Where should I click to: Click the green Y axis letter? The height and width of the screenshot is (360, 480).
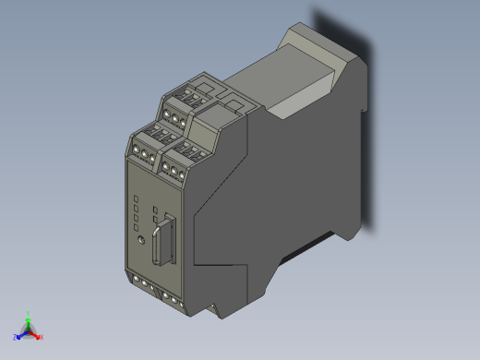point(30,313)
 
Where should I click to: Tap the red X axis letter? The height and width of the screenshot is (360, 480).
point(42,337)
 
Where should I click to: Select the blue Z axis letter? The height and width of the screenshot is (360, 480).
point(15,337)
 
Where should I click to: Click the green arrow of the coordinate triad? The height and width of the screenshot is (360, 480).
point(29,322)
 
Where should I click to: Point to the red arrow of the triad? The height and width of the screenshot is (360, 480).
point(35,334)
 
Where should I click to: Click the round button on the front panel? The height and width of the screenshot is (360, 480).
point(139,238)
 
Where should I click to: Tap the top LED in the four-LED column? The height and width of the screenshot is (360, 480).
point(136,198)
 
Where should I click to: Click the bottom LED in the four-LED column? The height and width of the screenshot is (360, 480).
point(136,227)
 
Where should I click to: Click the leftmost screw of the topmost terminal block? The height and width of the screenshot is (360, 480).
point(166,114)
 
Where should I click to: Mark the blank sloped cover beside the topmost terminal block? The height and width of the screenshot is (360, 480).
point(232,101)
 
